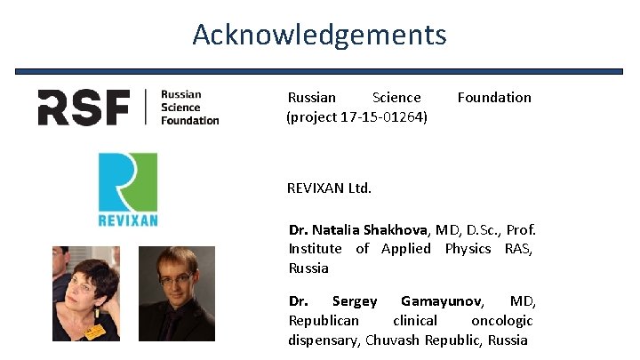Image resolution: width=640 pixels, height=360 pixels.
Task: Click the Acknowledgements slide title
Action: coord(319,35)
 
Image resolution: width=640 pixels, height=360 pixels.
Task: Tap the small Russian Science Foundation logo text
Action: coord(189,108)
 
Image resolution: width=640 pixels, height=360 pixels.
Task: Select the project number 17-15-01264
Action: coord(383,117)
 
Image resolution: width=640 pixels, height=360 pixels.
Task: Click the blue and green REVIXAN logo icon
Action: coord(127,181)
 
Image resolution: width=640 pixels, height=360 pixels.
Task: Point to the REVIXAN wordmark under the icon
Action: coord(127,219)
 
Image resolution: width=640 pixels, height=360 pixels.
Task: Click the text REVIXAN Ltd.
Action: coord(329,188)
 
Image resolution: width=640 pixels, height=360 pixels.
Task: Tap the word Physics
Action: coord(468,249)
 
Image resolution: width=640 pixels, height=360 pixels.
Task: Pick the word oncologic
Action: coord(501,321)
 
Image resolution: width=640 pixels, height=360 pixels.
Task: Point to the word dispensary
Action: coord(324,340)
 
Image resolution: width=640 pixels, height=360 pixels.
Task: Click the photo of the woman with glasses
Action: coord(85,293)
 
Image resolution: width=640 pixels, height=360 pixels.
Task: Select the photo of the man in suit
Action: coord(177,293)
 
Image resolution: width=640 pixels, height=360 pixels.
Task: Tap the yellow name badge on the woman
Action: coord(93,331)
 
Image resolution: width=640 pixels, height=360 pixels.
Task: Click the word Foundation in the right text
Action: coord(494,98)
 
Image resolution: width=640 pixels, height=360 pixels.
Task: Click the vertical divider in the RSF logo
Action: coord(145,108)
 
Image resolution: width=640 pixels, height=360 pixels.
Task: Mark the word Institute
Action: coord(315,249)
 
